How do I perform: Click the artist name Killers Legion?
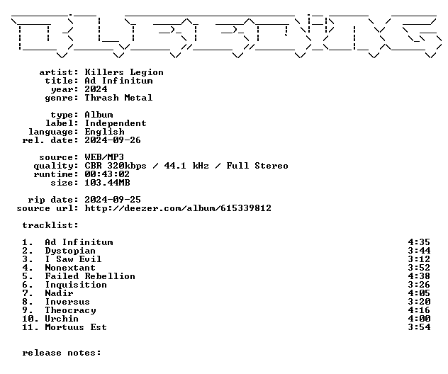[124, 72]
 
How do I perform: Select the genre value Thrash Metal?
[118, 98]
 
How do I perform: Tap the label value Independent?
[116, 124]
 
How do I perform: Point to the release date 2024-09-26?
[113, 140]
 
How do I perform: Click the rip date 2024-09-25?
[113, 200]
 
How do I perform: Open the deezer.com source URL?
[178, 208]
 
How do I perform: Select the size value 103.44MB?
[107, 183]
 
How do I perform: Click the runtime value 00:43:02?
[107, 174]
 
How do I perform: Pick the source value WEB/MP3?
[104, 157]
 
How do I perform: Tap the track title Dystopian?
[70, 251]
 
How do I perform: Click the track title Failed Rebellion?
[90, 276]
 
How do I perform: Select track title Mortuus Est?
[76, 327]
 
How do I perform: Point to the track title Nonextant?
[70, 268]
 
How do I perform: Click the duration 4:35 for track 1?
[419, 242]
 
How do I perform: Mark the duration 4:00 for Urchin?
[419, 319]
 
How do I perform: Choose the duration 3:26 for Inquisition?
[419, 285]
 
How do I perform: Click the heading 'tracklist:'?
[50, 225]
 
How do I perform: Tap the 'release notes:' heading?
[62, 353]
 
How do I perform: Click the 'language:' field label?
[53, 132]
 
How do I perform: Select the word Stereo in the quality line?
[271, 166]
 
